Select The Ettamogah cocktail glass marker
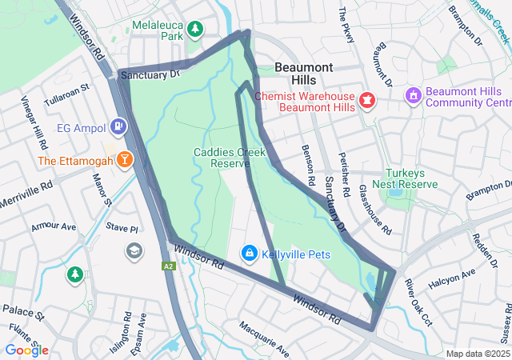point(125,159)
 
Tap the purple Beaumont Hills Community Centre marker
point(414,96)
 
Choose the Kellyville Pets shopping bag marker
point(249,254)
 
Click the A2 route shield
point(168,266)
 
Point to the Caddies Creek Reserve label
point(223,158)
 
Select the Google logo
point(26,350)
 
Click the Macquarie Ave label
point(263,339)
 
